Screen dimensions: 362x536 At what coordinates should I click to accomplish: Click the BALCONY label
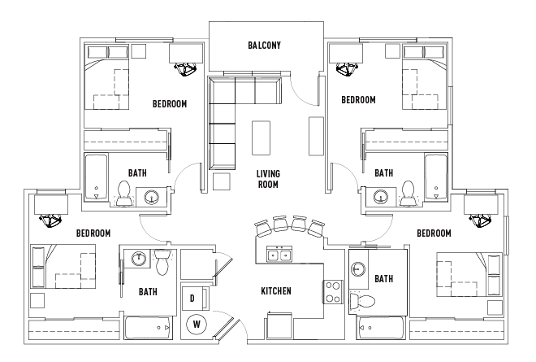point(265,46)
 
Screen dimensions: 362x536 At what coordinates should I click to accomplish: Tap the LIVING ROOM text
point(268,179)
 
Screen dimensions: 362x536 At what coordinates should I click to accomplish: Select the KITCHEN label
point(276,291)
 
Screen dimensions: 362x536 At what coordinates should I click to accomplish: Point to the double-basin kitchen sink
point(279,255)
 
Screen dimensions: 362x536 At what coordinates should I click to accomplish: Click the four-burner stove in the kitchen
point(333,291)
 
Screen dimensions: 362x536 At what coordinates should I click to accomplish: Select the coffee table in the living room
point(261,137)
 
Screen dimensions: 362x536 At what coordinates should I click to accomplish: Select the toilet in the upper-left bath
point(125,193)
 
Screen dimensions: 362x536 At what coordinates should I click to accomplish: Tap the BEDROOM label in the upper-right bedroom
point(357,100)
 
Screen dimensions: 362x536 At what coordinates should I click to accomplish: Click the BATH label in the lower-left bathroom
point(148,291)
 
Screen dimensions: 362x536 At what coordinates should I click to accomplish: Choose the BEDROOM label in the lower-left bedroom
point(93,233)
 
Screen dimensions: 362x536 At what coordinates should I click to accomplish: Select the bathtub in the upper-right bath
point(436,177)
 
